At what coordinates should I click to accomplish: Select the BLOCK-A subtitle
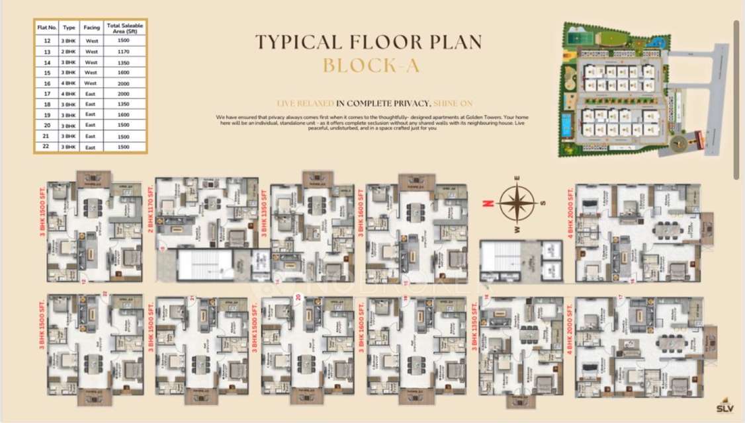click(x=369, y=65)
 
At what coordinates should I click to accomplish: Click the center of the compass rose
click(x=517, y=203)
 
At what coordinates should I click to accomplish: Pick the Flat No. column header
click(x=47, y=28)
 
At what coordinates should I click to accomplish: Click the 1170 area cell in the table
click(x=123, y=51)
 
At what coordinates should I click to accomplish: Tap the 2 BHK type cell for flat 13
click(x=69, y=51)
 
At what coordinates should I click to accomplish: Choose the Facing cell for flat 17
click(x=91, y=94)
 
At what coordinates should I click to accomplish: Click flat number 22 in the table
click(x=47, y=147)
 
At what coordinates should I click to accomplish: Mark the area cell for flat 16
click(x=123, y=83)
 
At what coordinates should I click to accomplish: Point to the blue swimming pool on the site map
click(x=566, y=125)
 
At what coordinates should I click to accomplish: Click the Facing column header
click(x=91, y=28)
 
